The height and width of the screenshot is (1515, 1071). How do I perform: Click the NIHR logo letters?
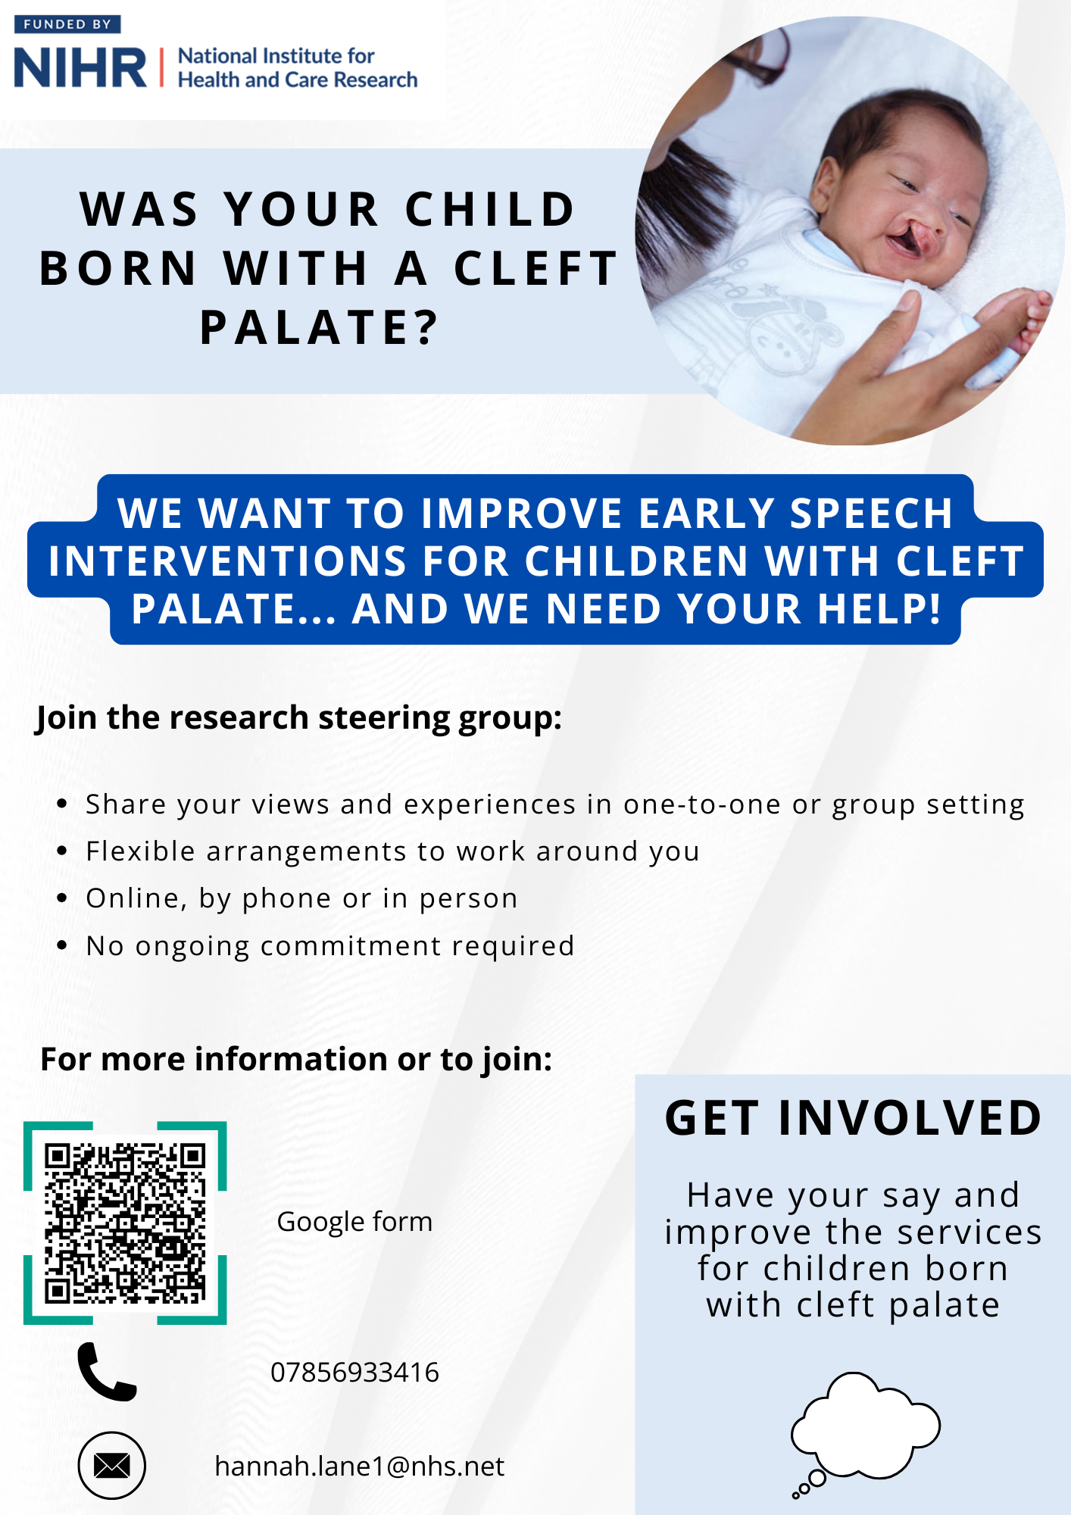click(x=80, y=67)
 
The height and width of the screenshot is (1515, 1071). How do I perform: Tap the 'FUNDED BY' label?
click(x=67, y=24)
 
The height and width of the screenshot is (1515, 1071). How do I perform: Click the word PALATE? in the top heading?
click(x=319, y=327)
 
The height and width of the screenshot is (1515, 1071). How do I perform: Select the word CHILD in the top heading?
click(x=490, y=209)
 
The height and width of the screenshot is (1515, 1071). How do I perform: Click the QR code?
click(x=125, y=1223)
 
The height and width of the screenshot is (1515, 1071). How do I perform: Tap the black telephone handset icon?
click(x=107, y=1372)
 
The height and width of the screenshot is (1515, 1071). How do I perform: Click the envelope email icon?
click(x=112, y=1466)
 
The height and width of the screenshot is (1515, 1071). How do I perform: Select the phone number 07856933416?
click(x=354, y=1373)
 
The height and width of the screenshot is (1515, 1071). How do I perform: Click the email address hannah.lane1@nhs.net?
click(x=360, y=1467)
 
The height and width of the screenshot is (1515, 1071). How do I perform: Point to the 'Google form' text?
click(x=354, y=1222)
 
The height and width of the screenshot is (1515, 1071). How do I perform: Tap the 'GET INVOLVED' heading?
click(x=854, y=1118)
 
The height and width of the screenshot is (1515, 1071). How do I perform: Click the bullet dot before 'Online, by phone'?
click(x=63, y=898)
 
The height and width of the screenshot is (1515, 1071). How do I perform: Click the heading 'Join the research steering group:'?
click(x=299, y=718)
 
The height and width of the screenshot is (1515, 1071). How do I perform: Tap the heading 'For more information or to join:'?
click(x=296, y=1059)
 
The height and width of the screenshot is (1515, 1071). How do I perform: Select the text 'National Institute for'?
click(x=276, y=56)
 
